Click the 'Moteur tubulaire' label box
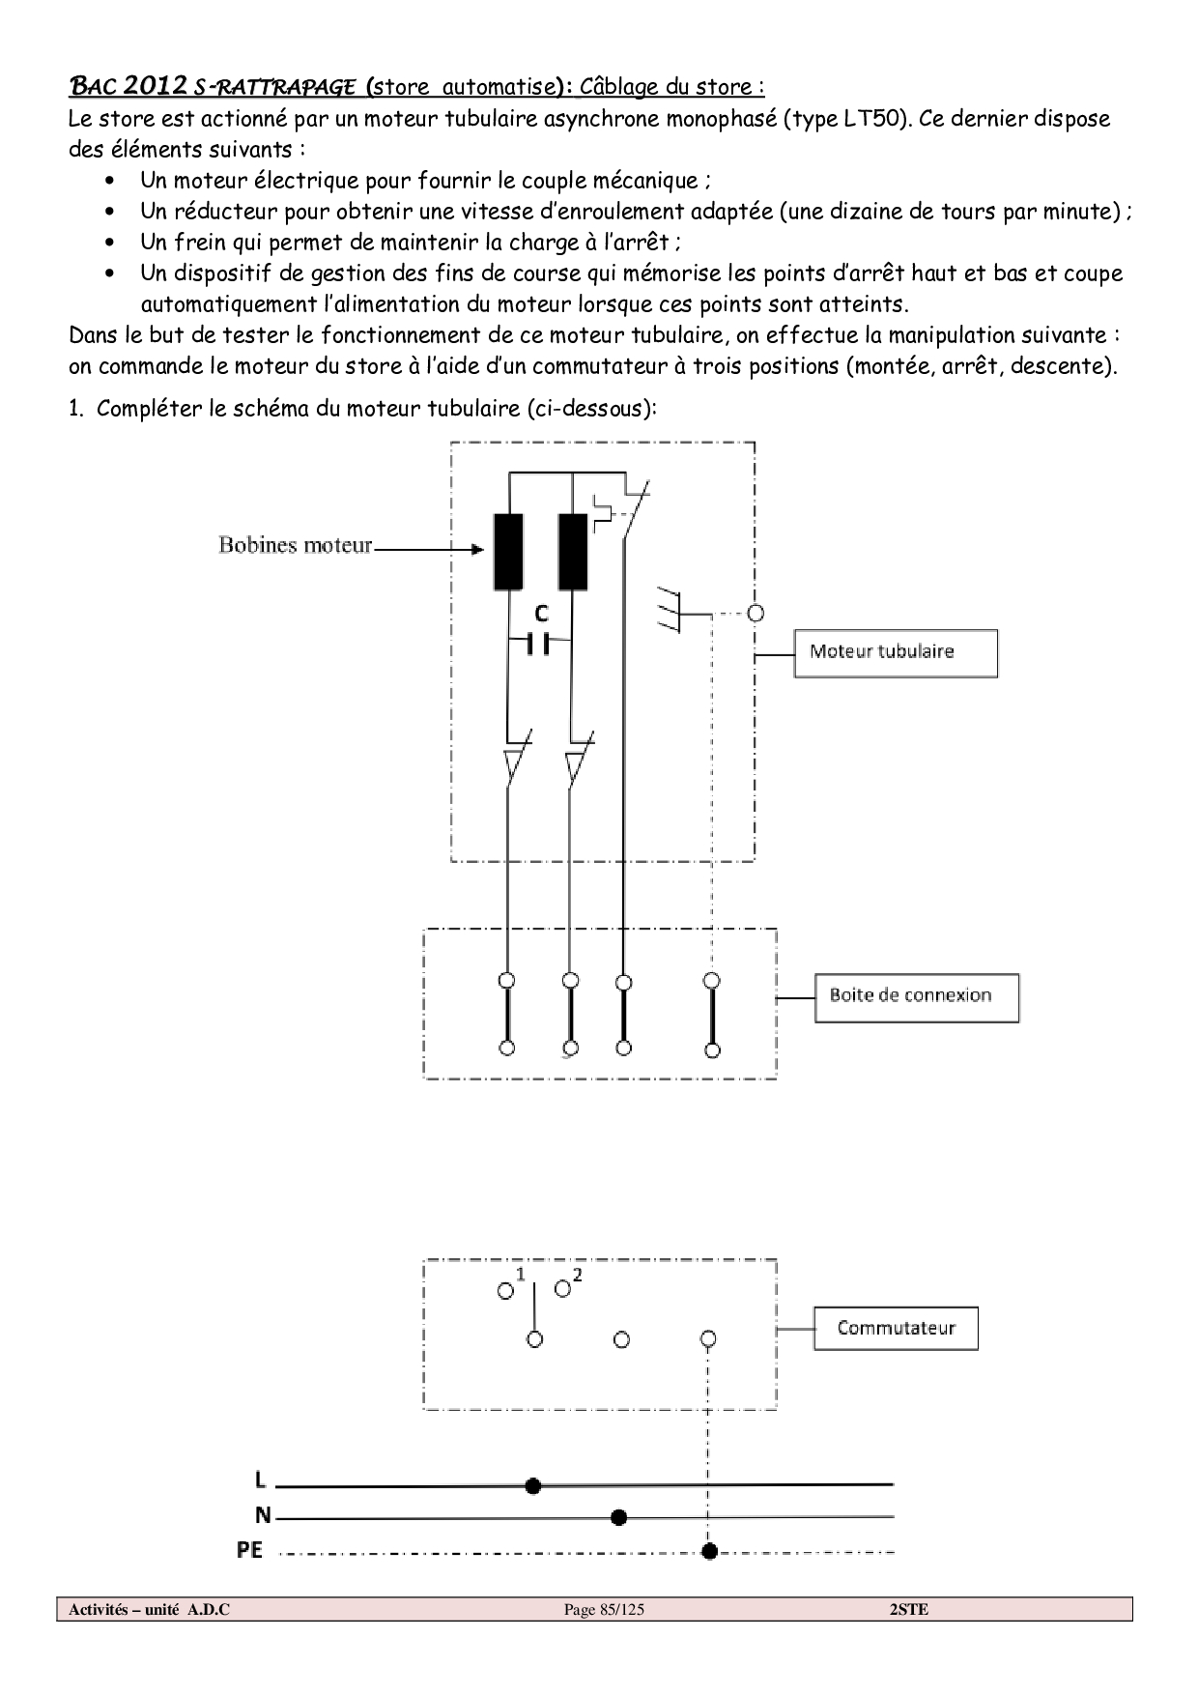coord(895,653)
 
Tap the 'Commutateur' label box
coord(895,1329)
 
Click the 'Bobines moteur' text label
coord(295,546)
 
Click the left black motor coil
coord(508,551)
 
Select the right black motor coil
coord(573,551)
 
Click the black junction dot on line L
coord(532,1485)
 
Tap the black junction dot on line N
coord(619,1518)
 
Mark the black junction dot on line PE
coord(709,1551)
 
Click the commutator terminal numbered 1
coord(505,1291)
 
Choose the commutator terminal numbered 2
coord(562,1289)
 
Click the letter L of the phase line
coord(260,1480)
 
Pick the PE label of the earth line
coord(249,1550)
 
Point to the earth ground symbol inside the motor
coord(669,610)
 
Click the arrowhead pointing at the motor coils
coord(476,550)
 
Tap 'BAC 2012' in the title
coord(128,86)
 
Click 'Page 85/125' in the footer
coord(604,1610)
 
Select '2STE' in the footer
coord(908,1610)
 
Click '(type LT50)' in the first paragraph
coord(845,119)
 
